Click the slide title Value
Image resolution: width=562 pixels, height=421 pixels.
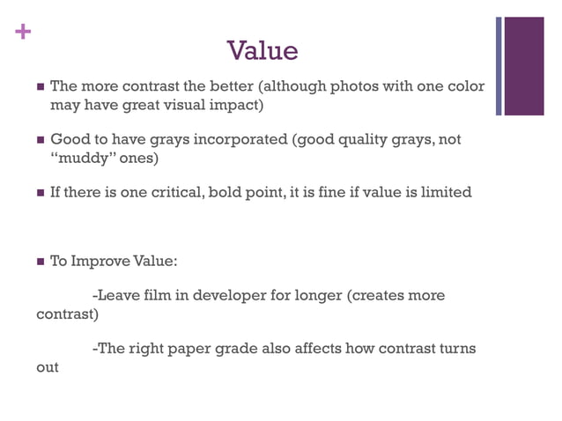(x=263, y=51)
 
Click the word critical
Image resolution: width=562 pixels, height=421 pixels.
(x=172, y=192)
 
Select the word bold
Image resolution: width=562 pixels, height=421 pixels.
(x=226, y=192)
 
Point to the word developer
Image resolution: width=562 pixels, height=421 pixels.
(x=230, y=296)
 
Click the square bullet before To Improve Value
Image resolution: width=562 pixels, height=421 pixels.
(x=40, y=262)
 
